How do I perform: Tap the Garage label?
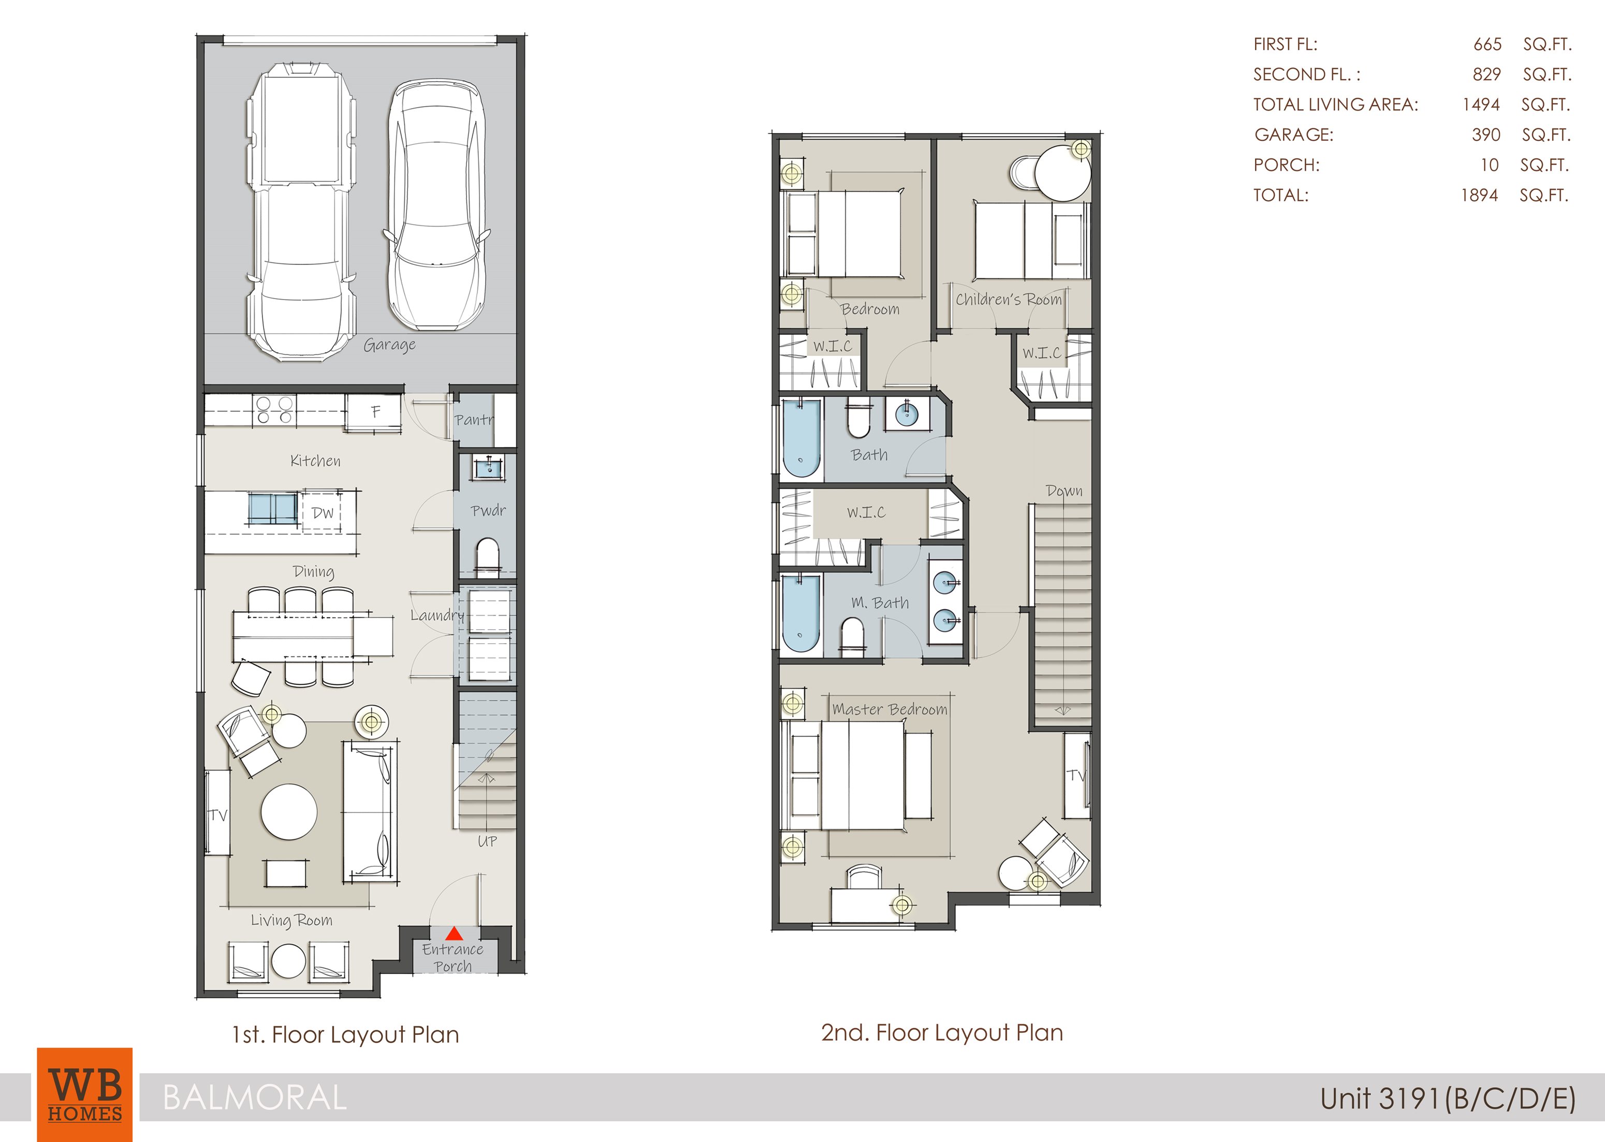389,345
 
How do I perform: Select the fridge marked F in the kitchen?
375,412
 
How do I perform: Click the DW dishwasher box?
322,513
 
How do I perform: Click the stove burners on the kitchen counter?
274,410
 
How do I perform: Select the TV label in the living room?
218,815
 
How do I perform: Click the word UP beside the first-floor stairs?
487,841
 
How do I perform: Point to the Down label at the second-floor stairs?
1063,491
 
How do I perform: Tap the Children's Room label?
1009,300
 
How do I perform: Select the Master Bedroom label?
889,709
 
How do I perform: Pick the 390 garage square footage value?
1485,135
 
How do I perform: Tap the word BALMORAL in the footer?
255,1097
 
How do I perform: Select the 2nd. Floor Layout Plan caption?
941,1032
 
